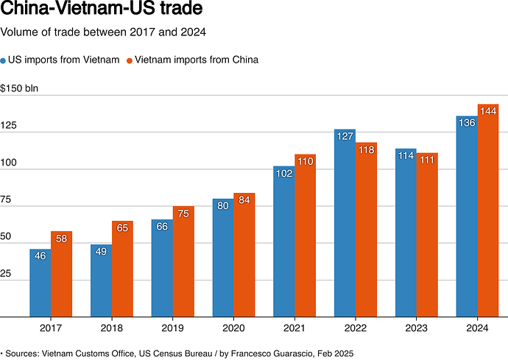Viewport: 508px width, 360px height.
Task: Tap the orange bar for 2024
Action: click(x=488, y=213)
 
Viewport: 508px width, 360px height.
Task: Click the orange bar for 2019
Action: click(x=183, y=261)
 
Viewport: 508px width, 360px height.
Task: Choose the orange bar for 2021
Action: click(x=305, y=236)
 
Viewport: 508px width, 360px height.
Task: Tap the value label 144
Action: click(x=487, y=110)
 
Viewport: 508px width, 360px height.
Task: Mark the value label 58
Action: click(x=61, y=239)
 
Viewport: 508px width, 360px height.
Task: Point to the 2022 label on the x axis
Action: click(x=355, y=328)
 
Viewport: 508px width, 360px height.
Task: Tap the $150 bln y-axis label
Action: click(x=19, y=89)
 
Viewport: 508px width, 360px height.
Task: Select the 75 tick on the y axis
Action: click(x=7, y=200)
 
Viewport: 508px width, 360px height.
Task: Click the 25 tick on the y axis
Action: click(x=7, y=273)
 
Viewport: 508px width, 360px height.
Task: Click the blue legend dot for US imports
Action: click(x=4, y=60)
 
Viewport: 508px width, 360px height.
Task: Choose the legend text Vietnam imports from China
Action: click(x=197, y=60)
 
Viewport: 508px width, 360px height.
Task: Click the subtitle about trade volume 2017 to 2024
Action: click(x=103, y=32)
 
